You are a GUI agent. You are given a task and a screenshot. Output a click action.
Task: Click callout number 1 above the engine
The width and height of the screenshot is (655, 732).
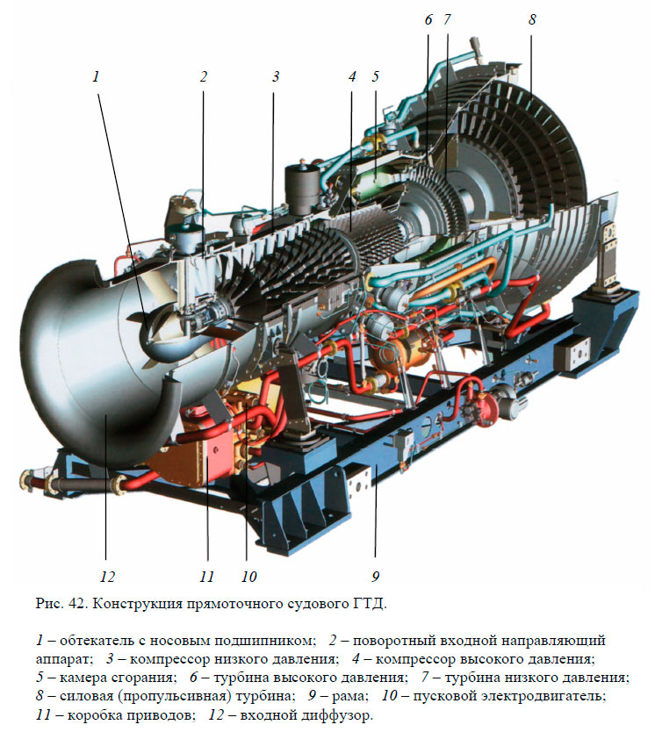pyautogui.click(x=97, y=76)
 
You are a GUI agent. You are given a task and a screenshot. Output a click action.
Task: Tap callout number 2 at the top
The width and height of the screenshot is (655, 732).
pyautogui.click(x=203, y=76)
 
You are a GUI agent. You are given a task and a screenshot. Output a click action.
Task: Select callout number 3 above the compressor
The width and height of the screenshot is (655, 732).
pyautogui.click(x=276, y=76)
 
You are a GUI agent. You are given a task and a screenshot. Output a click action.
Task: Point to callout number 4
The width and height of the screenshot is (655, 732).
pyautogui.click(x=352, y=76)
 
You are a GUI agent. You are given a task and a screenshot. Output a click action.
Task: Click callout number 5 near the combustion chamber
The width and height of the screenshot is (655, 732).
pyautogui.click(x=376, y=76)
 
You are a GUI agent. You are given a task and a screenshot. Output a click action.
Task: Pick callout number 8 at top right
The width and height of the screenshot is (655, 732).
pyautogui.click(x=532, y=19)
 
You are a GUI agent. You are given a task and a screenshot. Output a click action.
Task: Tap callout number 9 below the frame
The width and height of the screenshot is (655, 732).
pyautogui.click(x=376, y=577)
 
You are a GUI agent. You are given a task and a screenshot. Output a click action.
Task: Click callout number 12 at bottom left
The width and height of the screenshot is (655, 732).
pyautogui.click(x=107, y=577)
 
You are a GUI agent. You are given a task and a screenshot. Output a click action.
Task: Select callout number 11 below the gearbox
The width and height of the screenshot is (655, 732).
pyautogui.click(x=206, y=577)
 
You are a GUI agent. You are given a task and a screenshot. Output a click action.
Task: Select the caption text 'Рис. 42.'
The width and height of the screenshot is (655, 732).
pyautogui.click(x=60, y=604)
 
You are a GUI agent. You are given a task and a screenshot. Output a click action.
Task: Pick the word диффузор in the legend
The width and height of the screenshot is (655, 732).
pyautogui.click(x=336, y=715)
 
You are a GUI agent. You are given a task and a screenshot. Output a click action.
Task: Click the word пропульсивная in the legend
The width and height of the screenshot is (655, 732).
pyautogui.click(x=175, y=697)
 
